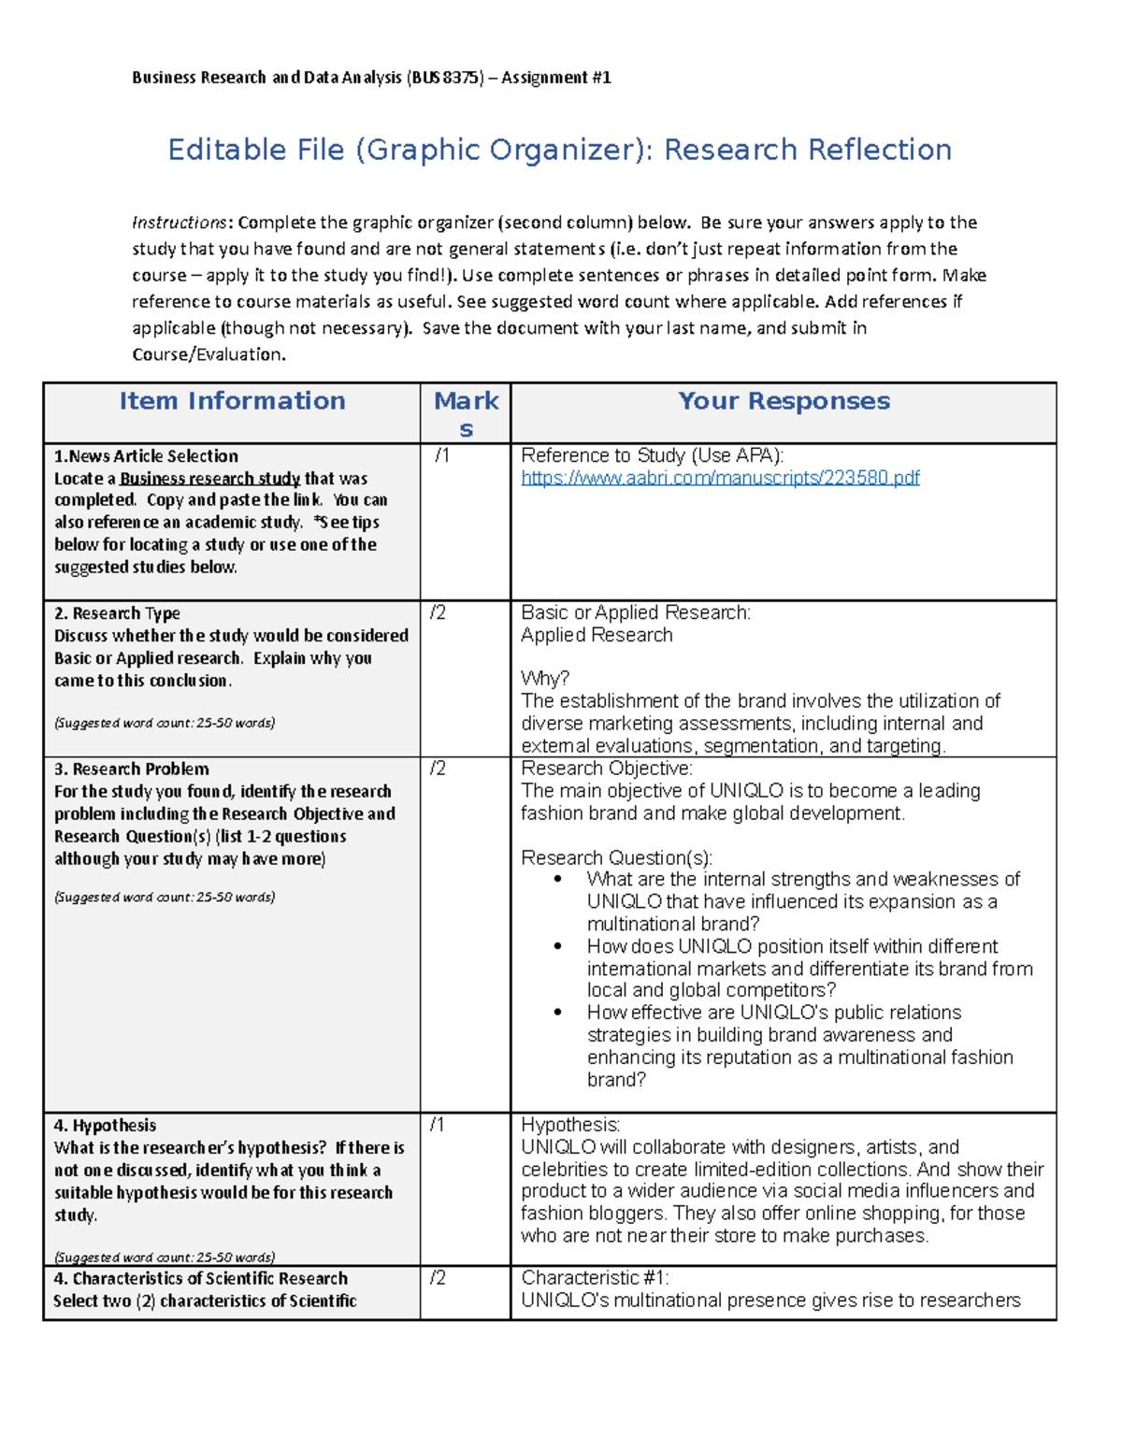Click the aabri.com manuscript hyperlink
720,478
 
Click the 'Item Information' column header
232,401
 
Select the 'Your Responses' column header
784,401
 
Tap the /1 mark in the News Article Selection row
441,456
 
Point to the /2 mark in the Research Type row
438,612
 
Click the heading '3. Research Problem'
132,769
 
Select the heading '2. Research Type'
117,613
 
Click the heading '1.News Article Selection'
146,456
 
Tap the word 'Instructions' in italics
179,223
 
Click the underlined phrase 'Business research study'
209,479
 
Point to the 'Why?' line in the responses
545,679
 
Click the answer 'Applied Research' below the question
597,635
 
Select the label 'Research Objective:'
606,769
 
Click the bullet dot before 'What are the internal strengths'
558,879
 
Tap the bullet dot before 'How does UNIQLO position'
558,946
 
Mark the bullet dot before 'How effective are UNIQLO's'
558,1013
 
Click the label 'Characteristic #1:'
595,1278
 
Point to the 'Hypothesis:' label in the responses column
570,1125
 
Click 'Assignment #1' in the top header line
556,78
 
